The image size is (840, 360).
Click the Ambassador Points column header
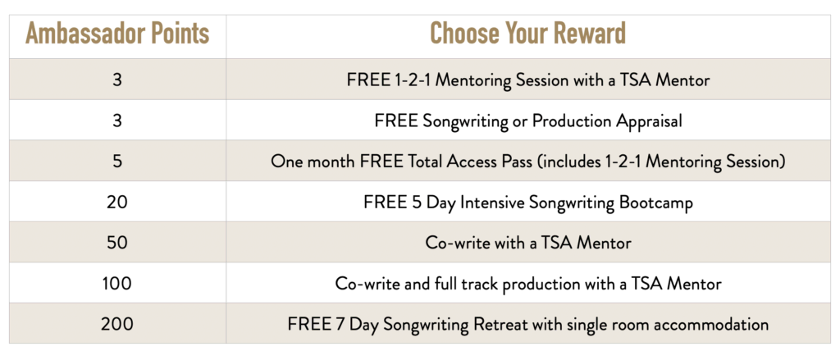pos(117,34)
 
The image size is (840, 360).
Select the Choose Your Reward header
pos(527,34)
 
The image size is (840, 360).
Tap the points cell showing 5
pos(117,162)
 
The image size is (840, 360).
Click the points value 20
pos(117,202)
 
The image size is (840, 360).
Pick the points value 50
pos(117,243)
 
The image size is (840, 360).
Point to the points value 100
pos(117,284)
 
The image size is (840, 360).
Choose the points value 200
pos(117,324)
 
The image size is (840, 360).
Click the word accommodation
pos(714,324)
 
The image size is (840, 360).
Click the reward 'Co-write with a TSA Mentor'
pos(528,243)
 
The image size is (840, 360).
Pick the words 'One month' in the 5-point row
pos(305,162)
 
